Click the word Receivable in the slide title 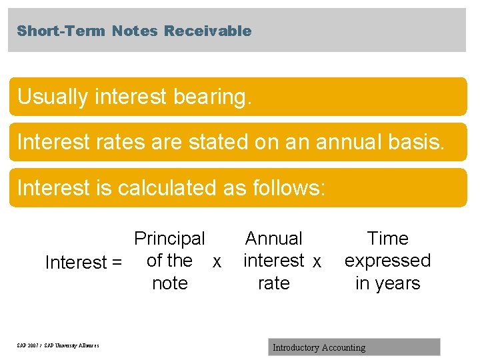(x=208, y=31)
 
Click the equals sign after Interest (x=117, y=263)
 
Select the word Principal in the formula (x=169, y=239)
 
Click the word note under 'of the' (x=169, y=283)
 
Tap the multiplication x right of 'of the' (x=216, y=263)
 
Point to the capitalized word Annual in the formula (x=273, y=239)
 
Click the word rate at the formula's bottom (x=273, y=283)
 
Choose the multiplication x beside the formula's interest (x=317, y=263)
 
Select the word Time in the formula (x=387, y=239)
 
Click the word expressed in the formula (x=387, y=261)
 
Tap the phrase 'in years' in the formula (x=387, y=283)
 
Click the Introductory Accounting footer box (x=355, y=347)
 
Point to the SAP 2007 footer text (x=58, y=345)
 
